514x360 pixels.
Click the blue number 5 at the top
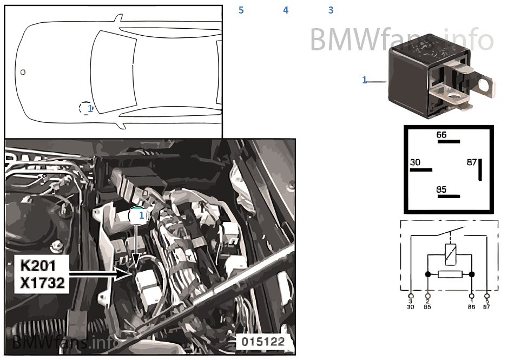241,10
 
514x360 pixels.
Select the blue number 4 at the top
286,10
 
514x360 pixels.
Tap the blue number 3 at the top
331,10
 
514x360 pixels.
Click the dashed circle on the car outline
86,108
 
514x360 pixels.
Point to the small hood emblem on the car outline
23,72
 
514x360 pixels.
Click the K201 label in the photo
38,266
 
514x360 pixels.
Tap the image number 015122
262,342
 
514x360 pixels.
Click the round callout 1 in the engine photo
138,215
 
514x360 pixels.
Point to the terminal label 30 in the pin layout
415,162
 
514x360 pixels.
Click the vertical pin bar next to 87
480,170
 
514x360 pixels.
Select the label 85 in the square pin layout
441,189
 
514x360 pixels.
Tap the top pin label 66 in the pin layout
441,135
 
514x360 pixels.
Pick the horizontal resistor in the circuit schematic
450,274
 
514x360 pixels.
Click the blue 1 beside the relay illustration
364,80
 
